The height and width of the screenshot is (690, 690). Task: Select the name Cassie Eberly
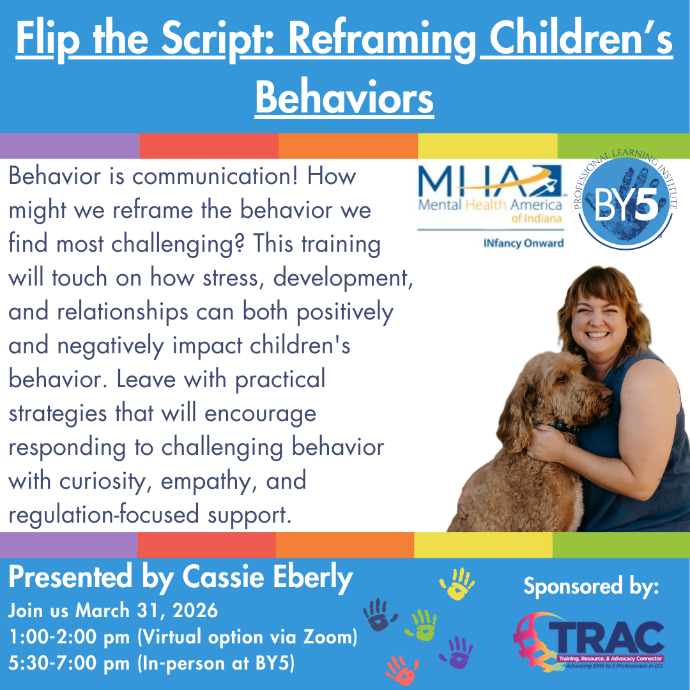pyautogui.click(x=268, y=578)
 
